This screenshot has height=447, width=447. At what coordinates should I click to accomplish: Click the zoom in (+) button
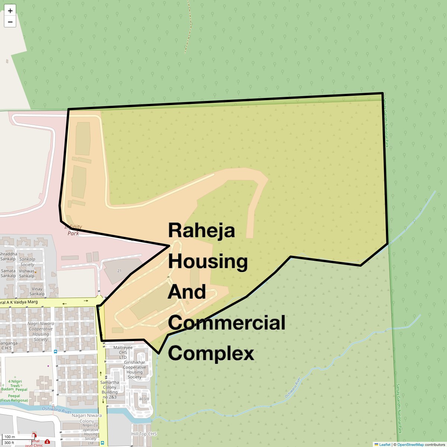click(x=10, y=11)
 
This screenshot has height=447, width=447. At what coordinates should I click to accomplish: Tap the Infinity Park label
click(x=73, y=230)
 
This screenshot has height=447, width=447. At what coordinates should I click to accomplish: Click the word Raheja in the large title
click(x=202, y=230)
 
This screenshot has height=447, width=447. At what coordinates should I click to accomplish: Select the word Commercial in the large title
click(x=226, y=323)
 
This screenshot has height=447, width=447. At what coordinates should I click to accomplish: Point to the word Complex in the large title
click(x=211, y=353)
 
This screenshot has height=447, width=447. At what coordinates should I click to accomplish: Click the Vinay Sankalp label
click(x=37, y=291)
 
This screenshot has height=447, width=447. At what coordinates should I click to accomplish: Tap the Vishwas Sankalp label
click(x=26, y=273)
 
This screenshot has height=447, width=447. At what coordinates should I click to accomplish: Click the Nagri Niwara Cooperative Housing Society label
click(x=41, y=332)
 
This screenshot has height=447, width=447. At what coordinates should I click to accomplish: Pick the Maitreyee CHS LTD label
click(x=123, y=352)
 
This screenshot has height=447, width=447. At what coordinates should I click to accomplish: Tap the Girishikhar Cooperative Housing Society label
click(x=134, y=370)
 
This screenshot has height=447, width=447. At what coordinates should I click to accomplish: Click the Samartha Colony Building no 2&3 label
click(x=110, y=390)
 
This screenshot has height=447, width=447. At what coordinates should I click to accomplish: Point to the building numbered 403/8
click(x=144, y=399)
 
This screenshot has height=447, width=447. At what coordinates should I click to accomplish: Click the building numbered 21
click(x=119, y=271)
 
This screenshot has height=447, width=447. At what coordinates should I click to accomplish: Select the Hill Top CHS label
click(x=144, y=434)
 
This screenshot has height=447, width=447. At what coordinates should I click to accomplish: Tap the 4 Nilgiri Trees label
click(x=15, y=384)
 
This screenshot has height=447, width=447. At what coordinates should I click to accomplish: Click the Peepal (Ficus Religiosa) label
click(x=14, y=398)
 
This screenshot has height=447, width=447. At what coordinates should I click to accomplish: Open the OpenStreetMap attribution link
click(x=410, y=444)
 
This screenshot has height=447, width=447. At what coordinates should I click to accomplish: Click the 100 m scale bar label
click(x=10, y=437)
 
